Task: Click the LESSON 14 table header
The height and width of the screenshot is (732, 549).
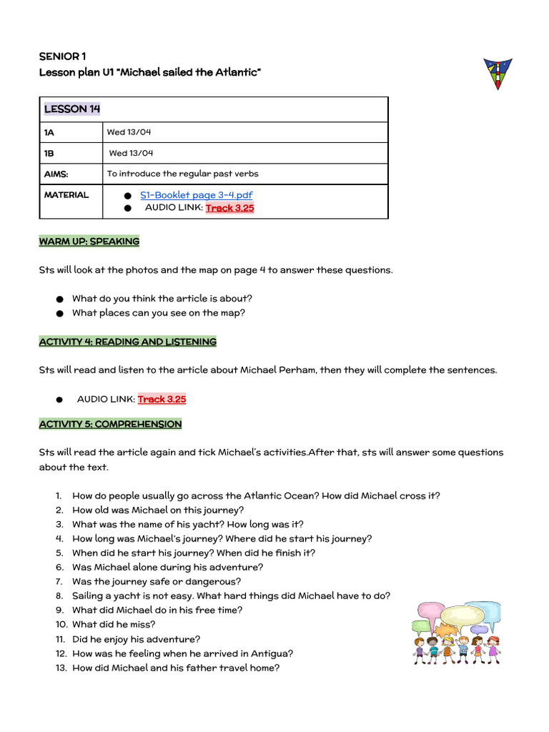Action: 72,109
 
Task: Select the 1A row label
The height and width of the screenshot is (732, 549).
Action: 49,132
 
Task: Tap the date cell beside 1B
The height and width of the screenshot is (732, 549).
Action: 131,153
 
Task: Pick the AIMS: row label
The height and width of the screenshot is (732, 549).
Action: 56,174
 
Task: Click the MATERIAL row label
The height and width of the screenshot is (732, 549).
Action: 66,194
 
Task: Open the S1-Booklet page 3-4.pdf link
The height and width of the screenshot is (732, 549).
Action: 196,194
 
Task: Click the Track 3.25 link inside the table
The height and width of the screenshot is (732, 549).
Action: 229,208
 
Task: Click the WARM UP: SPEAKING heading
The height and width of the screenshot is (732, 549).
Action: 89,242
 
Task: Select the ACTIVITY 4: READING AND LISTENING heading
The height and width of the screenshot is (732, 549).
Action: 128,342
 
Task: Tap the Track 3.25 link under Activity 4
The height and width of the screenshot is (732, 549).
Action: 162,399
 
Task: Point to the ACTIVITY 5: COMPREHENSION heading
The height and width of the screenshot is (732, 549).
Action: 110,424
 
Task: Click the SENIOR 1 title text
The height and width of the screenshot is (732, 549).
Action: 62,56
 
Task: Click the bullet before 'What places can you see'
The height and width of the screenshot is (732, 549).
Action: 58,313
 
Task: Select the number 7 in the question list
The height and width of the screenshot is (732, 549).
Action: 59,582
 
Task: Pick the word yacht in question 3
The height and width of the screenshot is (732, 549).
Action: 205,525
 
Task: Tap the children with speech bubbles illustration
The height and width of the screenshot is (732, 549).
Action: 456,633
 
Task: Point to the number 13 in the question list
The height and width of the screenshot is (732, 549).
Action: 61,668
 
